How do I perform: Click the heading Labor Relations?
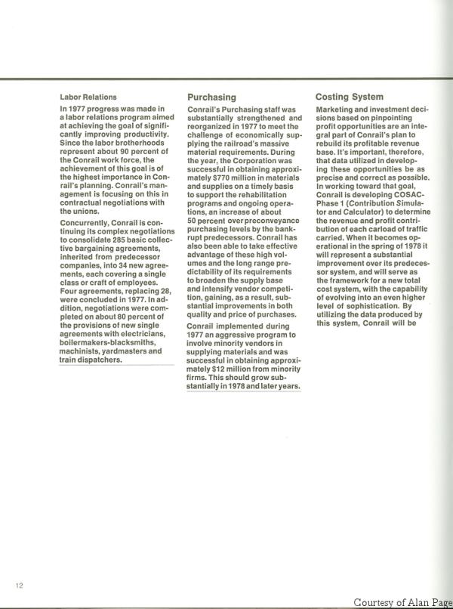coord(88,97)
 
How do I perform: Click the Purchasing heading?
coord(211,97)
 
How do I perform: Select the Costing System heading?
coord(349,97)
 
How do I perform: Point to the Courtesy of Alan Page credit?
coord(402,601)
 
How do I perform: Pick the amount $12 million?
coord(223,370)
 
